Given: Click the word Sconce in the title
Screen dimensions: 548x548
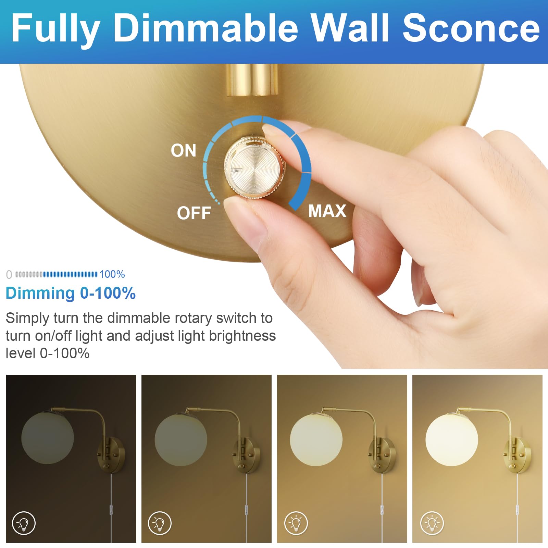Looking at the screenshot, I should pos(471,28).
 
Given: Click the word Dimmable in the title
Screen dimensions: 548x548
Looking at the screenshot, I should pos(206,28).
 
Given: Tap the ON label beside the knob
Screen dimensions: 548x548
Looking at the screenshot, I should pos(184,150).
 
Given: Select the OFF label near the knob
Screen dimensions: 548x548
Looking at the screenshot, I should pos(194,213).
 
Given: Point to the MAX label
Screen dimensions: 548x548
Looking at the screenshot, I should pos(327,211).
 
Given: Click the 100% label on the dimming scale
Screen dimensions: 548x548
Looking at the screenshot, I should pos(112,274).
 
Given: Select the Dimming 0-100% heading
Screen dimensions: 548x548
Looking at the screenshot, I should pos(71,293).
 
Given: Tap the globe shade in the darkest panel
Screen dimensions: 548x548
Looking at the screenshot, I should pos(47,438).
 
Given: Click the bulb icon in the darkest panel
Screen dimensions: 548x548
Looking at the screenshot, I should pos(24,523).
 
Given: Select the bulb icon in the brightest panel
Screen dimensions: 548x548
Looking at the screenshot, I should pos(432,523).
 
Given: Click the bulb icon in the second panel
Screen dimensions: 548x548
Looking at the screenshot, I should pos(160,523).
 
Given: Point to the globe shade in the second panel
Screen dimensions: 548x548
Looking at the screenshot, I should pos(181,439).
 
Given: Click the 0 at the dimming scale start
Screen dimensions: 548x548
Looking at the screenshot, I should pos(9,275).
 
